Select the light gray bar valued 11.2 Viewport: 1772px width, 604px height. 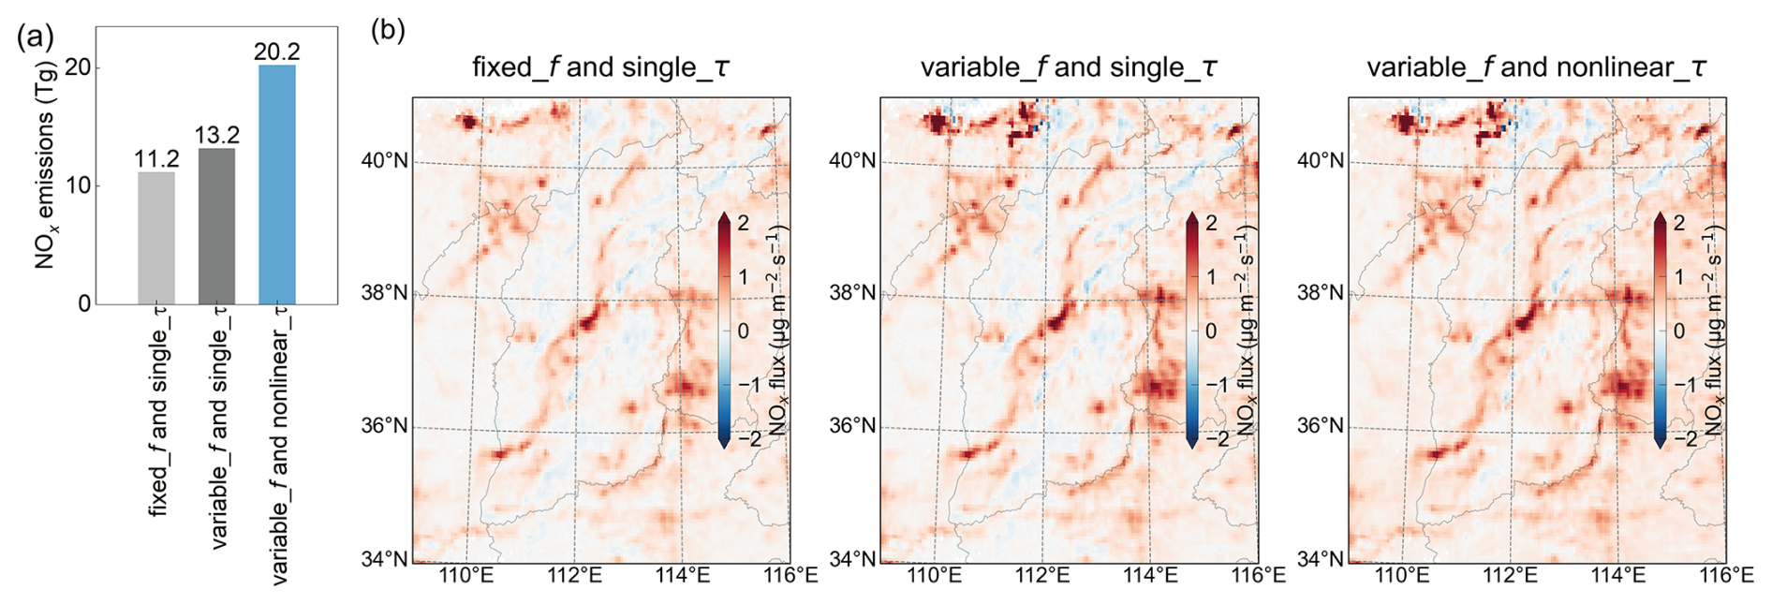pyautogui.click(x=156, y=238)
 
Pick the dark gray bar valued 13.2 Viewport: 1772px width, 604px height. pyautogui.click(x=216, y=226)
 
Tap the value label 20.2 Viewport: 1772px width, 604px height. pyautogui.click(x=276, y=52)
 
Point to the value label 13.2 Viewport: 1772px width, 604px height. pyautogui.click(x=216, y=136)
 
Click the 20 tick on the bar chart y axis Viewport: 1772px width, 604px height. pyautogui.click(x=78, y=67)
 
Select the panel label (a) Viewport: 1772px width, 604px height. pyautogui.click(x=35, y=37)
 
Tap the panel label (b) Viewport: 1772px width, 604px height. pyautogui.click(x=388, y=30)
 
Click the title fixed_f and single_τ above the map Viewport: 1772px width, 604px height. pyautogui.click(x=600, y=67)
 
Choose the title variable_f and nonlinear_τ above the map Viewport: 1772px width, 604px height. pyautogui.click(x=1536, y=67)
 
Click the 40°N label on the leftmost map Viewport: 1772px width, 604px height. pyautogui.click(x=384, y=161)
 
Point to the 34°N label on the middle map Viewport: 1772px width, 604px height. pyautogui.click(x=852, y=559)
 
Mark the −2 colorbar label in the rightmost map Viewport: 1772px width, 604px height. pyautogui.click(x=1685, y=438)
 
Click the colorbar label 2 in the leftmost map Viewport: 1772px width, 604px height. pyautogui.click(x=743, y=223)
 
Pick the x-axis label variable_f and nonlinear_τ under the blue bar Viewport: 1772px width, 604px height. pyautogui.click(x=280, y=445)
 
